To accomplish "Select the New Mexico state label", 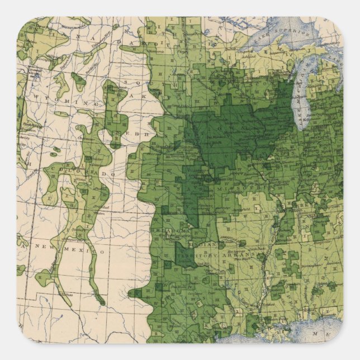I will coord(67,249).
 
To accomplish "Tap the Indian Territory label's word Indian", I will coord(205,244).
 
